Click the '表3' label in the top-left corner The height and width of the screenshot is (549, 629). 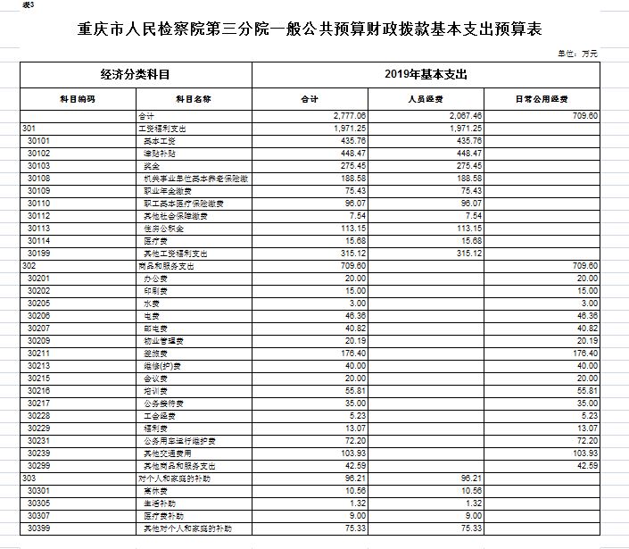[x=28, y=5]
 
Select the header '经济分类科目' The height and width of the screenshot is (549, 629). [x=136, y=73]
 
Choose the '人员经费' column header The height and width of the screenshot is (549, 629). [x=426, y=98]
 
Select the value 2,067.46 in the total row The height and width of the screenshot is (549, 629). [x=464, y=116]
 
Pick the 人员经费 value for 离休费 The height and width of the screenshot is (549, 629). [x=468, y=491]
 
